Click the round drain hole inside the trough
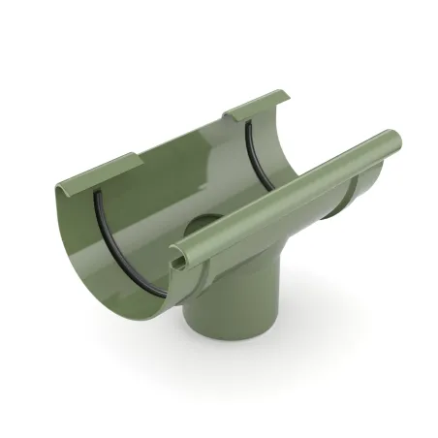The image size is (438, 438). [198, 229]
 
